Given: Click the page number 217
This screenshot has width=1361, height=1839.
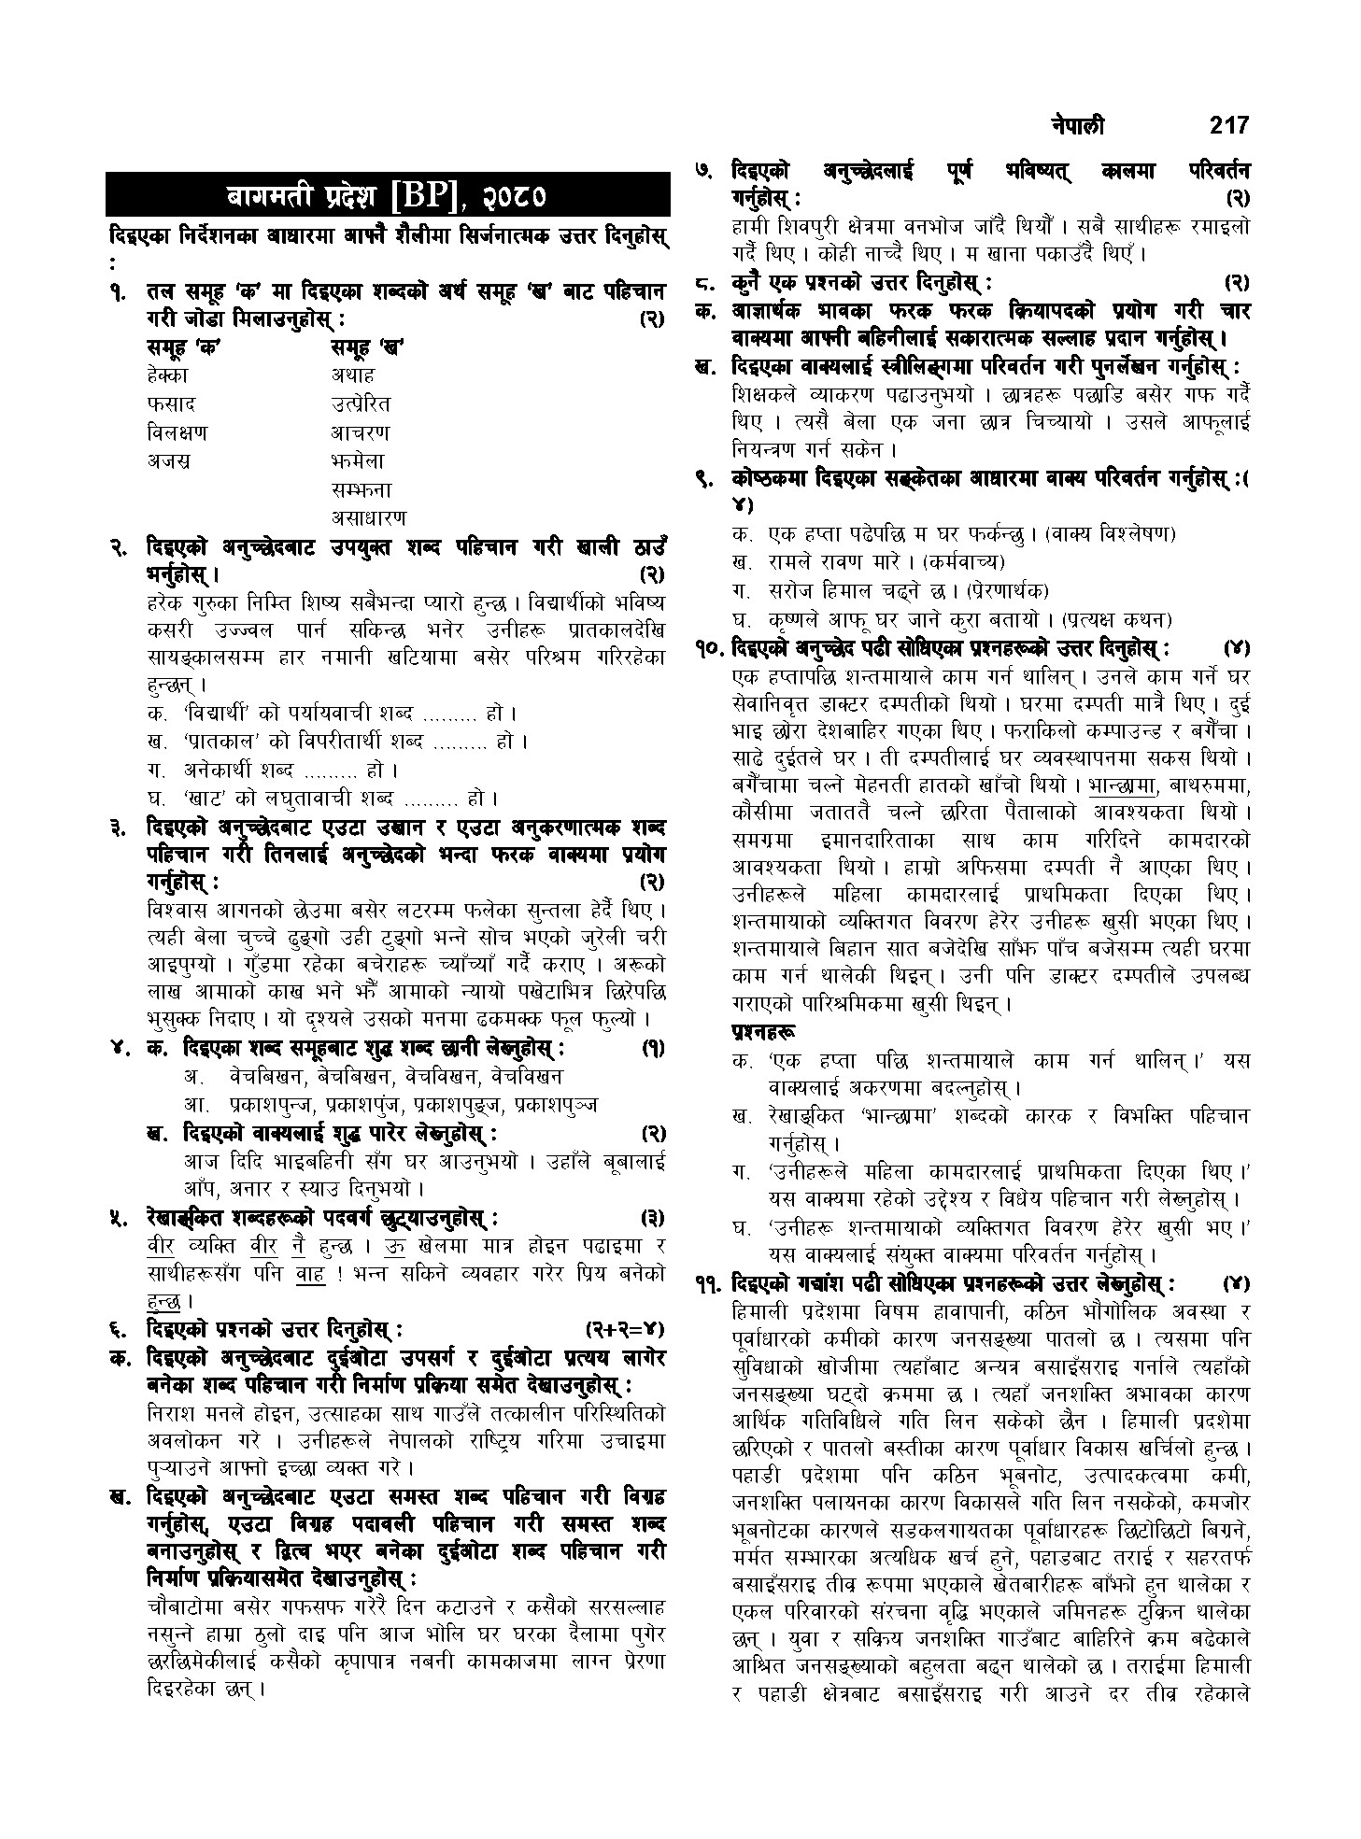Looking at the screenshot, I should click(1227, 125).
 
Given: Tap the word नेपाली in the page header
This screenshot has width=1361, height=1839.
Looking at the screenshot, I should click(1074, 125).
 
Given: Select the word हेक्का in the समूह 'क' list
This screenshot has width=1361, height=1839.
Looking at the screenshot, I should click(167, 375).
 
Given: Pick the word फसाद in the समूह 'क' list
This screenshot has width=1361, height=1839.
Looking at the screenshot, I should click(171, 404).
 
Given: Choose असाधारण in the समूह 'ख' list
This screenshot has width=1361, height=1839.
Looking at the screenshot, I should click(369, 516).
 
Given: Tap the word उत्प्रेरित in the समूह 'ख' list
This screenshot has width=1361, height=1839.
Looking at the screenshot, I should click(361, 404).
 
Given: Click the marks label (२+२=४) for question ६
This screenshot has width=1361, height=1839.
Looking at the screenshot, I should click(624, 1327).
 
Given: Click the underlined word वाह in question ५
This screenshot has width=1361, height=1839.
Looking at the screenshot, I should click(309, 1272).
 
